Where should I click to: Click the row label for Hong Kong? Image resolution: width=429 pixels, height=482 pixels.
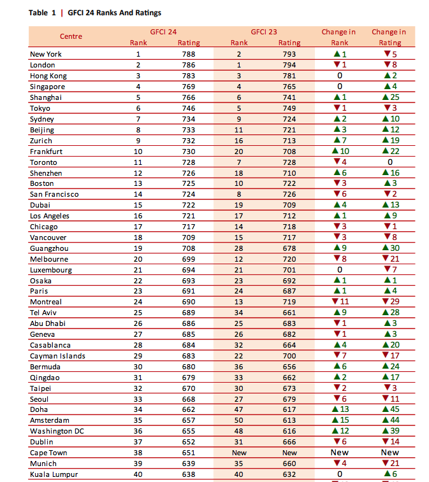pyautogui.click(x=48, y=76)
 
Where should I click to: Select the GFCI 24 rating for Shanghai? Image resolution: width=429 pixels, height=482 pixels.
pyautogui.click(x=189, y=97)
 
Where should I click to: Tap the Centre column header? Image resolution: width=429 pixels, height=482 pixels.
pyautogui.click(x=71, y=36)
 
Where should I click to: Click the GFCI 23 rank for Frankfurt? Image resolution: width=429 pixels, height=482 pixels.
pyautogui.click(x=239, y=152)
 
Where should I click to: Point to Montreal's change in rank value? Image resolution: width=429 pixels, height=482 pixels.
pyautogui.click(x=340, y=302)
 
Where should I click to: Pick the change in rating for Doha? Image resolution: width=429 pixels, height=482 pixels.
pyautogui.click(x=391, y=409)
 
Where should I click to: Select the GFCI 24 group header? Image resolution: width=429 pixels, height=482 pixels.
pyautogui.click(x=163, y=32)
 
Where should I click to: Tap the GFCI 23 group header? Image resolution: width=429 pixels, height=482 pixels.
pyautogui.click(x=264, y=32)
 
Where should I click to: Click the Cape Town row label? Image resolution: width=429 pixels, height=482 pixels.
pyautogui.click(x=48, y=453)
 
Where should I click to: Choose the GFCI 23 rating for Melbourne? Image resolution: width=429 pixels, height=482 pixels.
pyautogui.click(x=289, y=259)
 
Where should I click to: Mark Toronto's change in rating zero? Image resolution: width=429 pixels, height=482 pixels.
pyautogui.click(x=390, y=162)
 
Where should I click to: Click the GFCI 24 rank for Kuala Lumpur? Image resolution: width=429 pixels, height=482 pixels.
pyautogui.click(x=138, y=474)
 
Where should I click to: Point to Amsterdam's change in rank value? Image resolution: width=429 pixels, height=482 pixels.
pyautogui.click(x=340, y=420)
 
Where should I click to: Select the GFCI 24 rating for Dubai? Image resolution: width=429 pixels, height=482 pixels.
pyautogui.click(x=189, y=205)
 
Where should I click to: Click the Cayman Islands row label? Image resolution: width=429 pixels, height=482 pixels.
pyautogui.click(x=57, y=356)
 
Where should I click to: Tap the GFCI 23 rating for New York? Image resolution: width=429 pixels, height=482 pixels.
pyautogui.click(x=289, y=54)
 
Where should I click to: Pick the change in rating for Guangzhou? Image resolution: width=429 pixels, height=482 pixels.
pyautogui.click(x=391, y=248)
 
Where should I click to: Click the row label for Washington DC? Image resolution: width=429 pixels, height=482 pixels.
pyautogui.click(x=57, y=431)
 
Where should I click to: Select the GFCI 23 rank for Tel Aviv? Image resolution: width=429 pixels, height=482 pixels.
pyautogui.click(x=239, y=313)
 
